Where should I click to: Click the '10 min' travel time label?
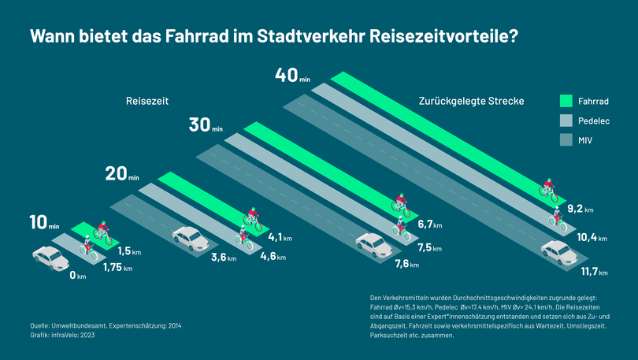click(44, 224)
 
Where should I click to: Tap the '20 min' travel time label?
click(122, 175)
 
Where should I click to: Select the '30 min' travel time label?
click(206, 126)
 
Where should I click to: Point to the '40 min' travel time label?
click(292, 76)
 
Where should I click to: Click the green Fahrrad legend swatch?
click(566, 101)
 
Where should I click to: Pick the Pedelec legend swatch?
click(566, 121)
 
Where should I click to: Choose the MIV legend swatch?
click(566, 140)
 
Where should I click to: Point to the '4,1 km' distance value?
click(281, 236)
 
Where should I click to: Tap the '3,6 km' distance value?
click(224, 257)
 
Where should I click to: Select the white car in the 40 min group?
click(558, 252)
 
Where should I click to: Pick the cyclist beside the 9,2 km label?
click(549, 190)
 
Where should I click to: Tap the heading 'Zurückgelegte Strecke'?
click(473, 102)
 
